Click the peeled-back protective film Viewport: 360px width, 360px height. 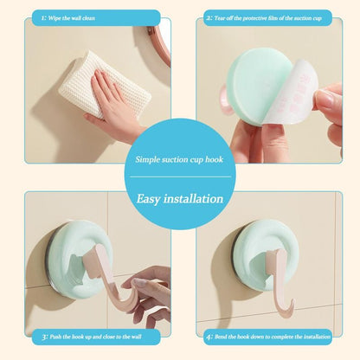292,93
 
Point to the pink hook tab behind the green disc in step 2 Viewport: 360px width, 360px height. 225,100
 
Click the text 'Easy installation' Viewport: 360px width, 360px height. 180,199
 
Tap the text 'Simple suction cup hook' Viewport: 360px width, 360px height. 179,159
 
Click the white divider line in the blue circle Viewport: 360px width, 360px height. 180,177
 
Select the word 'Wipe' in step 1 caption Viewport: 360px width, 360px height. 55,18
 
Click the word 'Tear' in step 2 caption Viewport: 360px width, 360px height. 220,18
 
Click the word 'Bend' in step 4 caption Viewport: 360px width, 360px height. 221,337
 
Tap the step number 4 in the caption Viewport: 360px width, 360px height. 209,337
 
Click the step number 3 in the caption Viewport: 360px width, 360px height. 45,337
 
